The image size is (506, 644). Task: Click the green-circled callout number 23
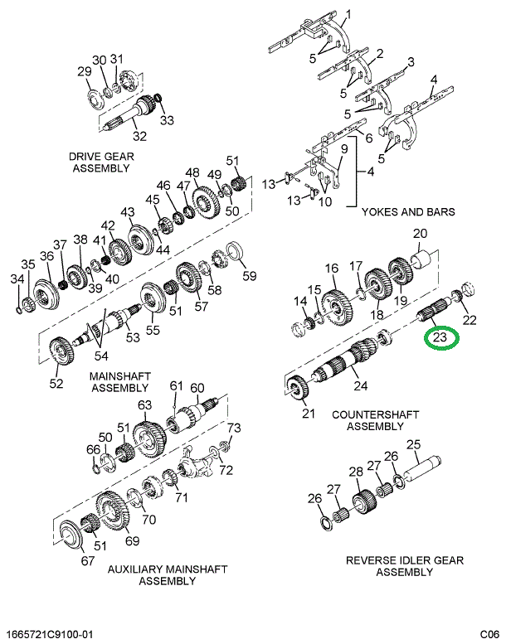(440, 337)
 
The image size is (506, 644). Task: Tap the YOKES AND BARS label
(408, 212)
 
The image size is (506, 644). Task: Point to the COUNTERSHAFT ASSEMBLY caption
(375, 420)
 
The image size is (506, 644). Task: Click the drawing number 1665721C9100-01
(49, 634)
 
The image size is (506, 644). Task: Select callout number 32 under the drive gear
(139, 137)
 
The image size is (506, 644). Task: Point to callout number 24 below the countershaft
(360, 384)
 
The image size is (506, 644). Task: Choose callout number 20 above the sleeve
(420, 233)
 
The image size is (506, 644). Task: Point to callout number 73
(234, 428)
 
